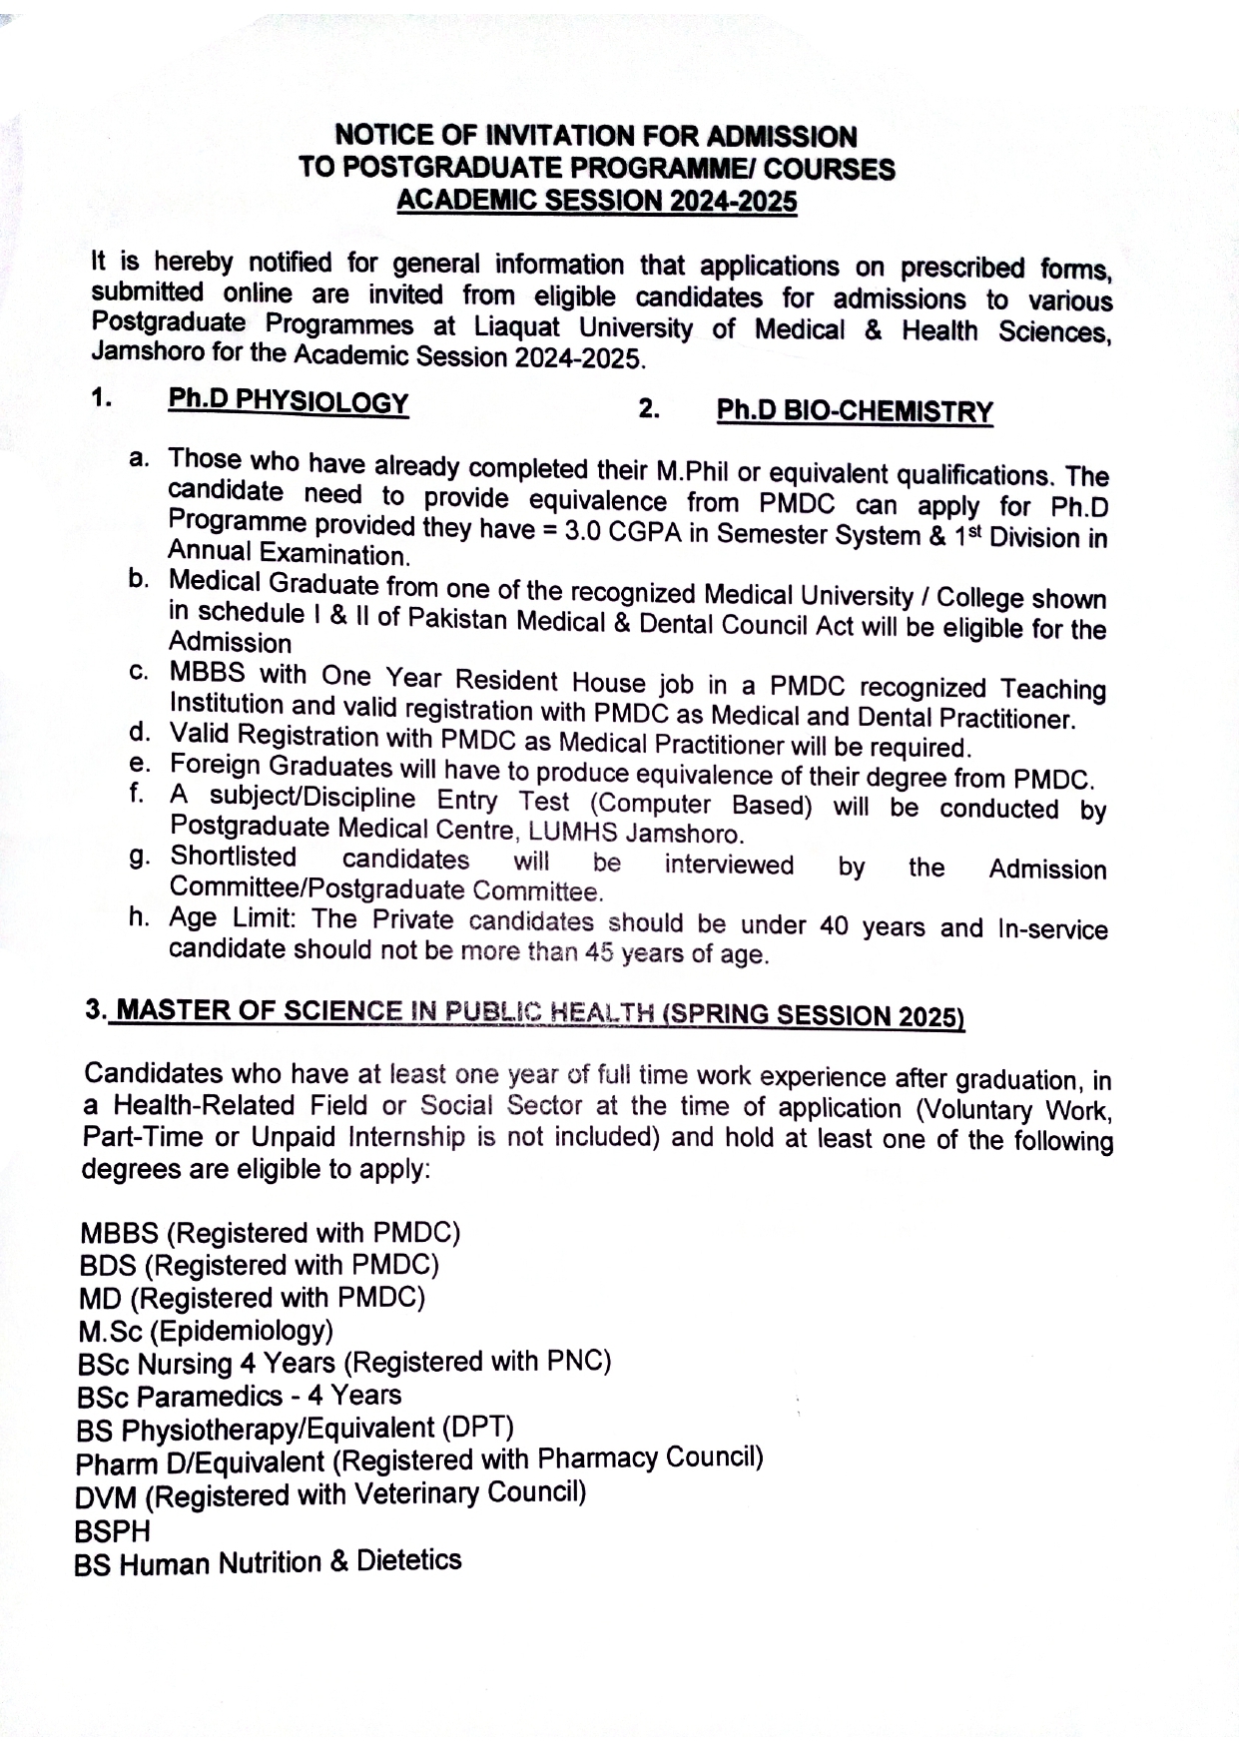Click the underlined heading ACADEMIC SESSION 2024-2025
pyautogui.click(x=597, y=201)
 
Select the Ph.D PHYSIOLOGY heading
pyautogui.click(x=289, y=401)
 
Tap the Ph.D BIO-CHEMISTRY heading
pyautogui.click(x=855, y=411)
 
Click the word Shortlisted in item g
pyautogui.click(x=234, y=857)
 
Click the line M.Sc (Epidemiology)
pyautogui.click(x=206, y=1331)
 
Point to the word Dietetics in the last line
pyautogui.click(x=409, y=1560)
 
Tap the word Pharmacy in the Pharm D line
pyautogui.click(x=596, y=1459)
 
